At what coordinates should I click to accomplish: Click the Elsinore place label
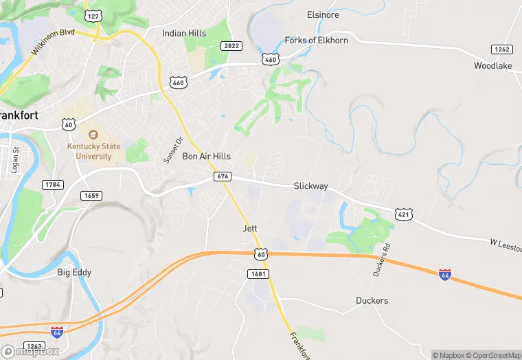[323, 14]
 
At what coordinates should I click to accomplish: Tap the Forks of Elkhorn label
[316, 41]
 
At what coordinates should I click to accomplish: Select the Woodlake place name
[493, 66]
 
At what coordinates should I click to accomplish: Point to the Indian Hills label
[183, 33]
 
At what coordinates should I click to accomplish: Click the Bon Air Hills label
[206, 157]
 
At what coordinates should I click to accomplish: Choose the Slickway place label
[310, 186]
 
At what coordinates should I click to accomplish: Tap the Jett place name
[249, 228]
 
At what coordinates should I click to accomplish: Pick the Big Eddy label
[74, 273]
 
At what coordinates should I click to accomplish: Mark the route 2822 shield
[231, 45]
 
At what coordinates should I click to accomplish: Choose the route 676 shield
[222, 177]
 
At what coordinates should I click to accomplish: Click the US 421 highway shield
[404, 215]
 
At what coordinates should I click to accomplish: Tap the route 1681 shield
[258, 274]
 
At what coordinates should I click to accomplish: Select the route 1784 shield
[52, 185]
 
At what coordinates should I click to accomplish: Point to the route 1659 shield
[91, 196]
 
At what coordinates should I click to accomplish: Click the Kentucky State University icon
[93, 134]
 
